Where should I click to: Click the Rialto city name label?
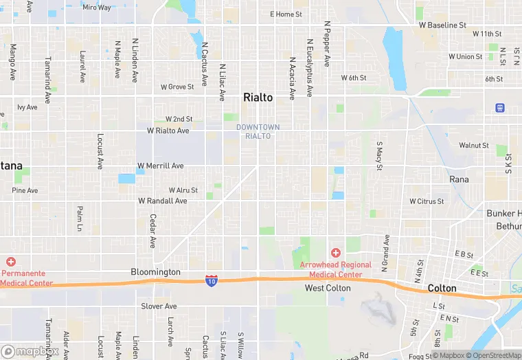[258, 98]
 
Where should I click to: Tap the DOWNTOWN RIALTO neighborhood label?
[258, 131]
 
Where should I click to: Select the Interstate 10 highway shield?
[212, 280]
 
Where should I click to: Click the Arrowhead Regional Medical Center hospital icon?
[336, 254]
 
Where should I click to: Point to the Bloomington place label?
[155, 272]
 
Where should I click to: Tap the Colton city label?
[442, 288]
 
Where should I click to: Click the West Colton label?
[328, 288]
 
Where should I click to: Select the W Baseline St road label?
[442, 25]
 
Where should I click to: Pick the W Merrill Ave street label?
[161, 166]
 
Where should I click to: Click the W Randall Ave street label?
[163, 201]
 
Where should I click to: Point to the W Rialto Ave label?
[168, 131]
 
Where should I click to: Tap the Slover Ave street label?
[159, 306]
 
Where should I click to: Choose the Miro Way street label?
[96, 8]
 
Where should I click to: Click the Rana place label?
[459, 179]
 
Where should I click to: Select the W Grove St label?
[177, 87]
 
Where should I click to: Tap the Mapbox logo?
[30, 351]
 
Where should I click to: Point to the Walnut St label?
[474, 146]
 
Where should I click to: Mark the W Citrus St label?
[427, 201]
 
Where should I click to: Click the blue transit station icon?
[499, 107]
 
